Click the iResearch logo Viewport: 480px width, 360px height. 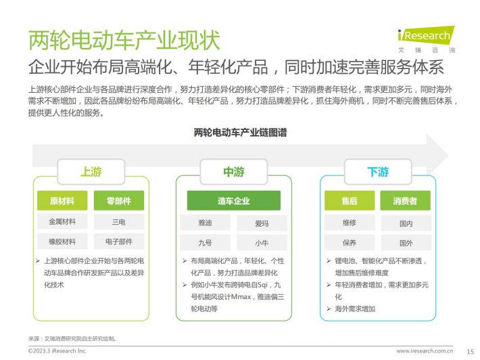(x=427, y=39)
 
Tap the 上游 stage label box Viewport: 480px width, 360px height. (x=91, y=172)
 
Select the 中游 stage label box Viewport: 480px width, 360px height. (x=233, y=172)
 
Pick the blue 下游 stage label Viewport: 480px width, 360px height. (x=378, y=172)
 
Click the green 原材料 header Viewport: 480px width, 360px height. (x=62, y=201)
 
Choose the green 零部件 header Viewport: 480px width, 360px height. (x=119, y=201)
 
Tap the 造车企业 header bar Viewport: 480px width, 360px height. (x=233, y=201)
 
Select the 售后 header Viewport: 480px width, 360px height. (x=350, y=201)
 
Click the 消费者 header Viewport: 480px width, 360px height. (x=406, y=201)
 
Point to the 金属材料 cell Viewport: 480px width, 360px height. (x=62, y=221)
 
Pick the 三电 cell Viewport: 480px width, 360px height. (x=119, y=221)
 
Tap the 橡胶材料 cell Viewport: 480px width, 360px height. (x=62, y=242)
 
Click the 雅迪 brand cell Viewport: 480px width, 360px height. (x=205, y=223)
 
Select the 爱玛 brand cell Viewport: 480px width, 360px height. (x=262, y=223)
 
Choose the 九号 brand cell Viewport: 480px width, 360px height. (x=205, y=243)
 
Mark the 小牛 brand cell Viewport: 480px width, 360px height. (x=262, y=243)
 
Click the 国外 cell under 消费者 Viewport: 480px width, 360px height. (x=406, y=243)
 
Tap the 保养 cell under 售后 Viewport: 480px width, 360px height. (x=350, y=243)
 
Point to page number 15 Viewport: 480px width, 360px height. (x=471, y=351)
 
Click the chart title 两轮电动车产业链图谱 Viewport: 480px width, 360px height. (x=240, y=133)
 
